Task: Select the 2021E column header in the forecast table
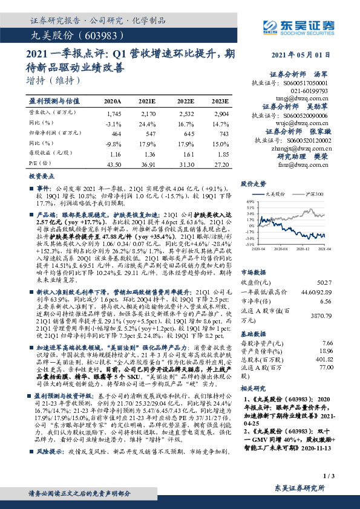146,100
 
